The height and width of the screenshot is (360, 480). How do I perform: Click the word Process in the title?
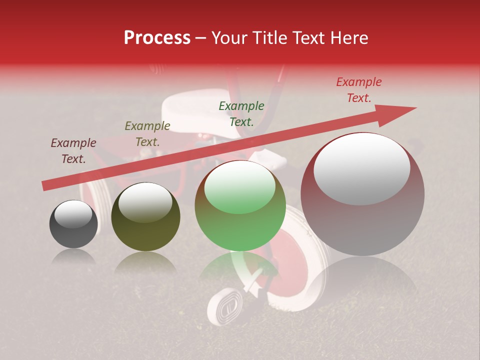click(x=157, y=38)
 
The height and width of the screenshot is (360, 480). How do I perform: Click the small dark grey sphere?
click(x=73, y=224)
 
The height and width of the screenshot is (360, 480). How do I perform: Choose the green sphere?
click(x=240, y=205)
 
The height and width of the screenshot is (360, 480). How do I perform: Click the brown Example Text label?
click(x=73, y=151)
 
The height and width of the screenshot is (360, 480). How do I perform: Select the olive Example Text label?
click(x=147, y=133)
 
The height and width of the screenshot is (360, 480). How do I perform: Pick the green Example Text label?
click(x=241, y=113)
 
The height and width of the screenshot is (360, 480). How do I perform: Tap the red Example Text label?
click(x=359, y=90)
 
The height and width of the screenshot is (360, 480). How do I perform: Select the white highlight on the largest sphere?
click(x=361, y=167)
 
